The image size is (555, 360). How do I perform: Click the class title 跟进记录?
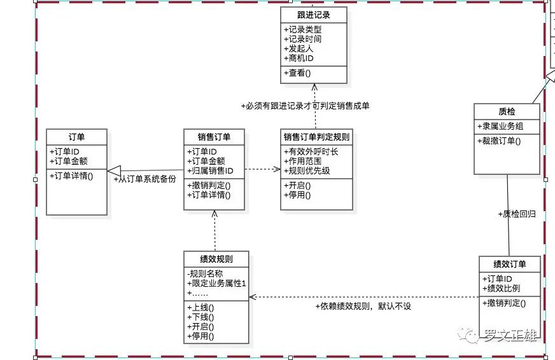tap(314, 15)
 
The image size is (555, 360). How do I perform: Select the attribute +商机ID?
tap(299, 58)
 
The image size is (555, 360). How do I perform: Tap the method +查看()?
tap(297, 73)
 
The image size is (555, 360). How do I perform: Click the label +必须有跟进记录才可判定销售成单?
tap(305, 106)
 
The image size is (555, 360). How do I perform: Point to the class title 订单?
tap(76, 137)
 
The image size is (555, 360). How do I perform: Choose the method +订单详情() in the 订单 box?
tap(71, 176)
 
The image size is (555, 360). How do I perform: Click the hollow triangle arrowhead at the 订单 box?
tap(114, 171)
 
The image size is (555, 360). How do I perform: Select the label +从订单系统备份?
tap(144, 179)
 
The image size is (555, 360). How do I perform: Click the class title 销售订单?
tap(214, 137)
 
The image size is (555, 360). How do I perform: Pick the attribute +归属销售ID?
tap(210, 171)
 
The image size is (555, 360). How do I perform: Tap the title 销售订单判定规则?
tap(316, 137)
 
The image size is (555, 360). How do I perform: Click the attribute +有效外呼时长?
tap(311, 152)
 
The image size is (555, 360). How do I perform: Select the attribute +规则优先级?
tap(307, 171)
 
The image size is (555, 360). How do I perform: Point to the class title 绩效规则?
tap(216, 259)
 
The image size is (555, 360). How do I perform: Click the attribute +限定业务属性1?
tap(216, 283)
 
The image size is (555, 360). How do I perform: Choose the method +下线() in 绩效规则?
tap(200, 317)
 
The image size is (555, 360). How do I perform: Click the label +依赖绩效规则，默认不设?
tap(363, 306)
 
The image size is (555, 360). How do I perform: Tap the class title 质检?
tap(507, 111)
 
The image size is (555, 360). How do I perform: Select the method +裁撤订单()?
tap(499, 141)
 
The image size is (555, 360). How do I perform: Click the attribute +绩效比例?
tap(501, 288)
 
